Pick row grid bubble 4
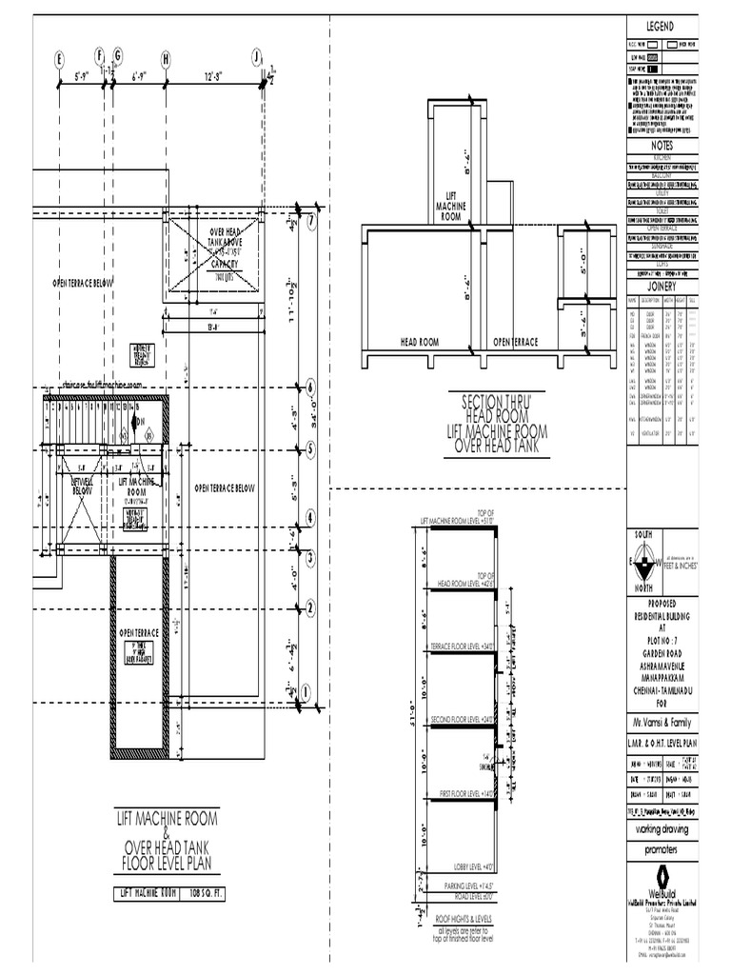point(310,519)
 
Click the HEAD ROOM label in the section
point(419,341)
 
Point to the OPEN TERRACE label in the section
point(515,341)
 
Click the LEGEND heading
point(661,26)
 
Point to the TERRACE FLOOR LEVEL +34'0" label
point(466,646)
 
